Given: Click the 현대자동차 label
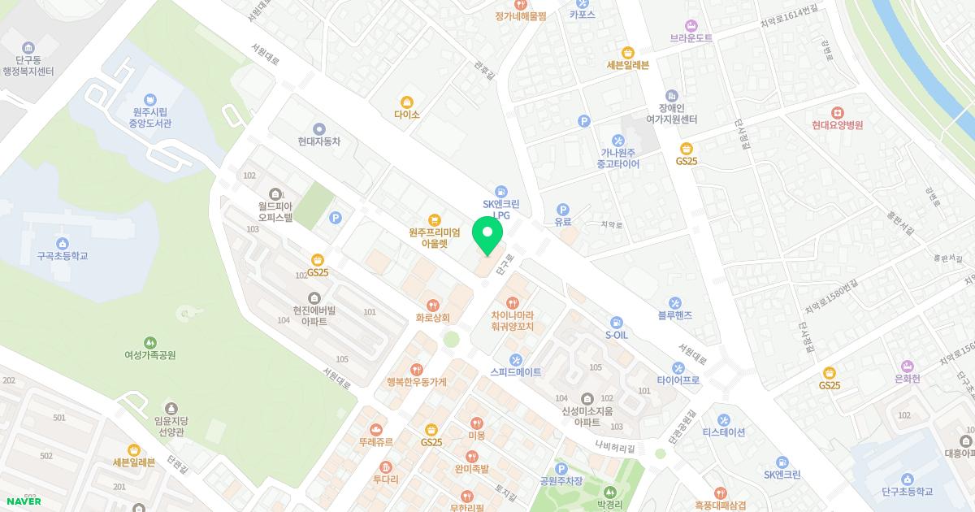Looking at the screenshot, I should coord(318,141).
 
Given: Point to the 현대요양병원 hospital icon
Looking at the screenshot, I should coord(836,112).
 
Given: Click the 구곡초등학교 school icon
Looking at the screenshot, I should coord(62,242).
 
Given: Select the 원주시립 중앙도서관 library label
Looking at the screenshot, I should coord(150,118).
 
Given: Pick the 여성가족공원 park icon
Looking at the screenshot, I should coord(150,342).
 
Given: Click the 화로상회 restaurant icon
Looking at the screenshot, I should coord(432,304).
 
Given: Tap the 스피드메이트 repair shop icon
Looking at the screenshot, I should coord(515,359).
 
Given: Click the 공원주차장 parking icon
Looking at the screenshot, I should coord(561,468).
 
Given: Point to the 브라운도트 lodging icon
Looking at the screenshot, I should coord(691,24).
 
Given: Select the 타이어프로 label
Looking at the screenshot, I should coord(678,380).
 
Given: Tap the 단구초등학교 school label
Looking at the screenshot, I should coord(907,492).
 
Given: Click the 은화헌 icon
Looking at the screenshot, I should coord(906,366).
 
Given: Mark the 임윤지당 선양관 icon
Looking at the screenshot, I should coord(171,407).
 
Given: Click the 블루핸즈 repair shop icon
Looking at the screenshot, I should coord(674,303).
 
